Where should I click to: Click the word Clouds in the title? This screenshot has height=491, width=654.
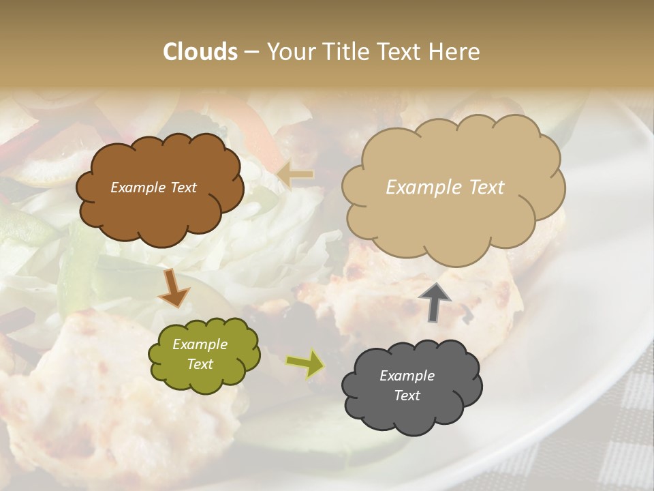200,52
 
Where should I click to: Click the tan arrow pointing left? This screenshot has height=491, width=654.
296,175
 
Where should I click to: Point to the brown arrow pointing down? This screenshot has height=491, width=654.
174,288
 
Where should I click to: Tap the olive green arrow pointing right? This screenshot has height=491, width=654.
305,363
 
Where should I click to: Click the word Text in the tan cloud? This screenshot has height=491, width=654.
482,188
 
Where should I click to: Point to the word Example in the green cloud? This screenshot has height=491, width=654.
200,345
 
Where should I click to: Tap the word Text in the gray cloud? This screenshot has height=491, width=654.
407,396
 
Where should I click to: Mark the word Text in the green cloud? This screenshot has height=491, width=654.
200,364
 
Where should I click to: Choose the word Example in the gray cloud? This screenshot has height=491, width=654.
407,376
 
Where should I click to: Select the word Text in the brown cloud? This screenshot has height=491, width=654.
183,188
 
